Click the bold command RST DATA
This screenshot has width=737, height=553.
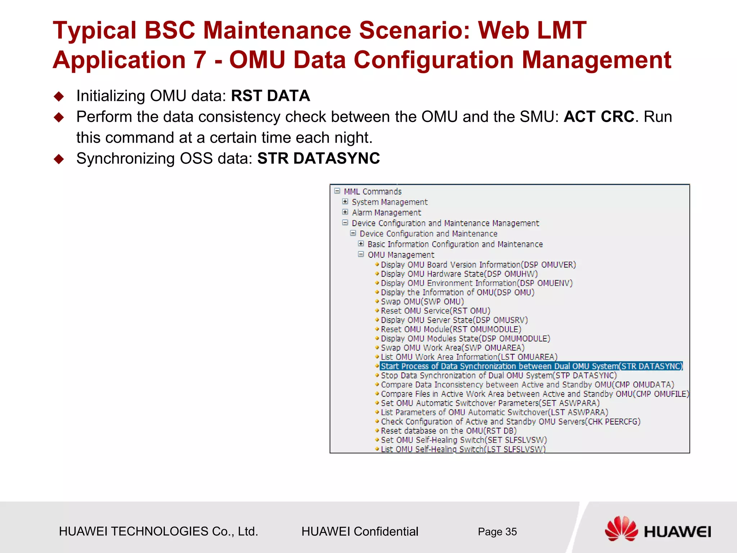270,96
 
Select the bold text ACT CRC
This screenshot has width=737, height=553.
599,117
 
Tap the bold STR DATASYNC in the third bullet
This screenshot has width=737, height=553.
318,159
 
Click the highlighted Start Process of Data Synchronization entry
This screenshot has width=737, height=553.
531,366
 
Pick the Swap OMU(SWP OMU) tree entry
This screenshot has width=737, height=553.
422,302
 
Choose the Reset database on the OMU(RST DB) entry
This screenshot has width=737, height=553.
448,431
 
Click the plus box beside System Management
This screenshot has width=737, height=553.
345,202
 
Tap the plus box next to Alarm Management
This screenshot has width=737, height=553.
345,212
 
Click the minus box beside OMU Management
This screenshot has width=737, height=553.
361,255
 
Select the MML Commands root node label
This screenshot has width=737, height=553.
372,192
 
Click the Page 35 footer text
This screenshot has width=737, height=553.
497,532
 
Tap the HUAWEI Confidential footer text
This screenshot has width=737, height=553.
360,532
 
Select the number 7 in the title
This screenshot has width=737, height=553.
200,60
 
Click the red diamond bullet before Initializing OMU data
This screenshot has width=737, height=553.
59,96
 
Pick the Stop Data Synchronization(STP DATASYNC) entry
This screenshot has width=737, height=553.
498,376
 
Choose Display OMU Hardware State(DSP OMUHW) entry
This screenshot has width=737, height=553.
459,274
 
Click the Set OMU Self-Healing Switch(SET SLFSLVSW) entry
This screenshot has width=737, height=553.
464,440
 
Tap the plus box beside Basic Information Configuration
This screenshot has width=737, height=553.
361,244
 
